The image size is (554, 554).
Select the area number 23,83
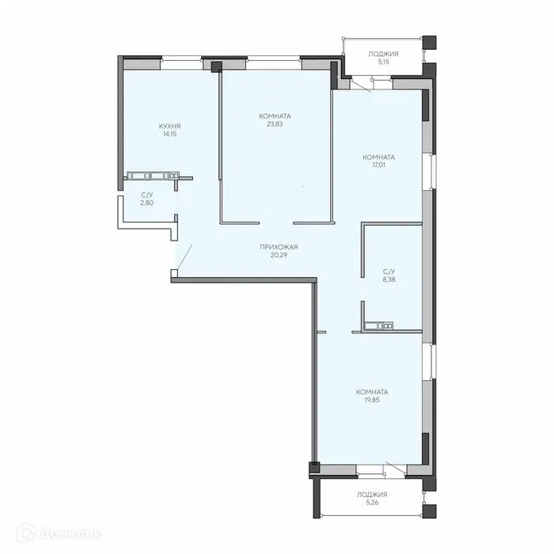coord(274,124)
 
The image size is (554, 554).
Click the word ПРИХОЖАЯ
coord(279,247)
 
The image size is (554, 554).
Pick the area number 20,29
coord(279,255)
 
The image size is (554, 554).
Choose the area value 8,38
coord(389,279)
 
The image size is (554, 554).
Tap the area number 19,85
coord(372,400)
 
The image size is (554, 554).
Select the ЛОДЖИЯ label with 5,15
coord(383,54)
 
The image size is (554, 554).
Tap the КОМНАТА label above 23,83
coord(274,116)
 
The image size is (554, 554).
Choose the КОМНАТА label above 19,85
coord(372,392)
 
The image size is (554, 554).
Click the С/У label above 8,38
coord(389,271)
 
